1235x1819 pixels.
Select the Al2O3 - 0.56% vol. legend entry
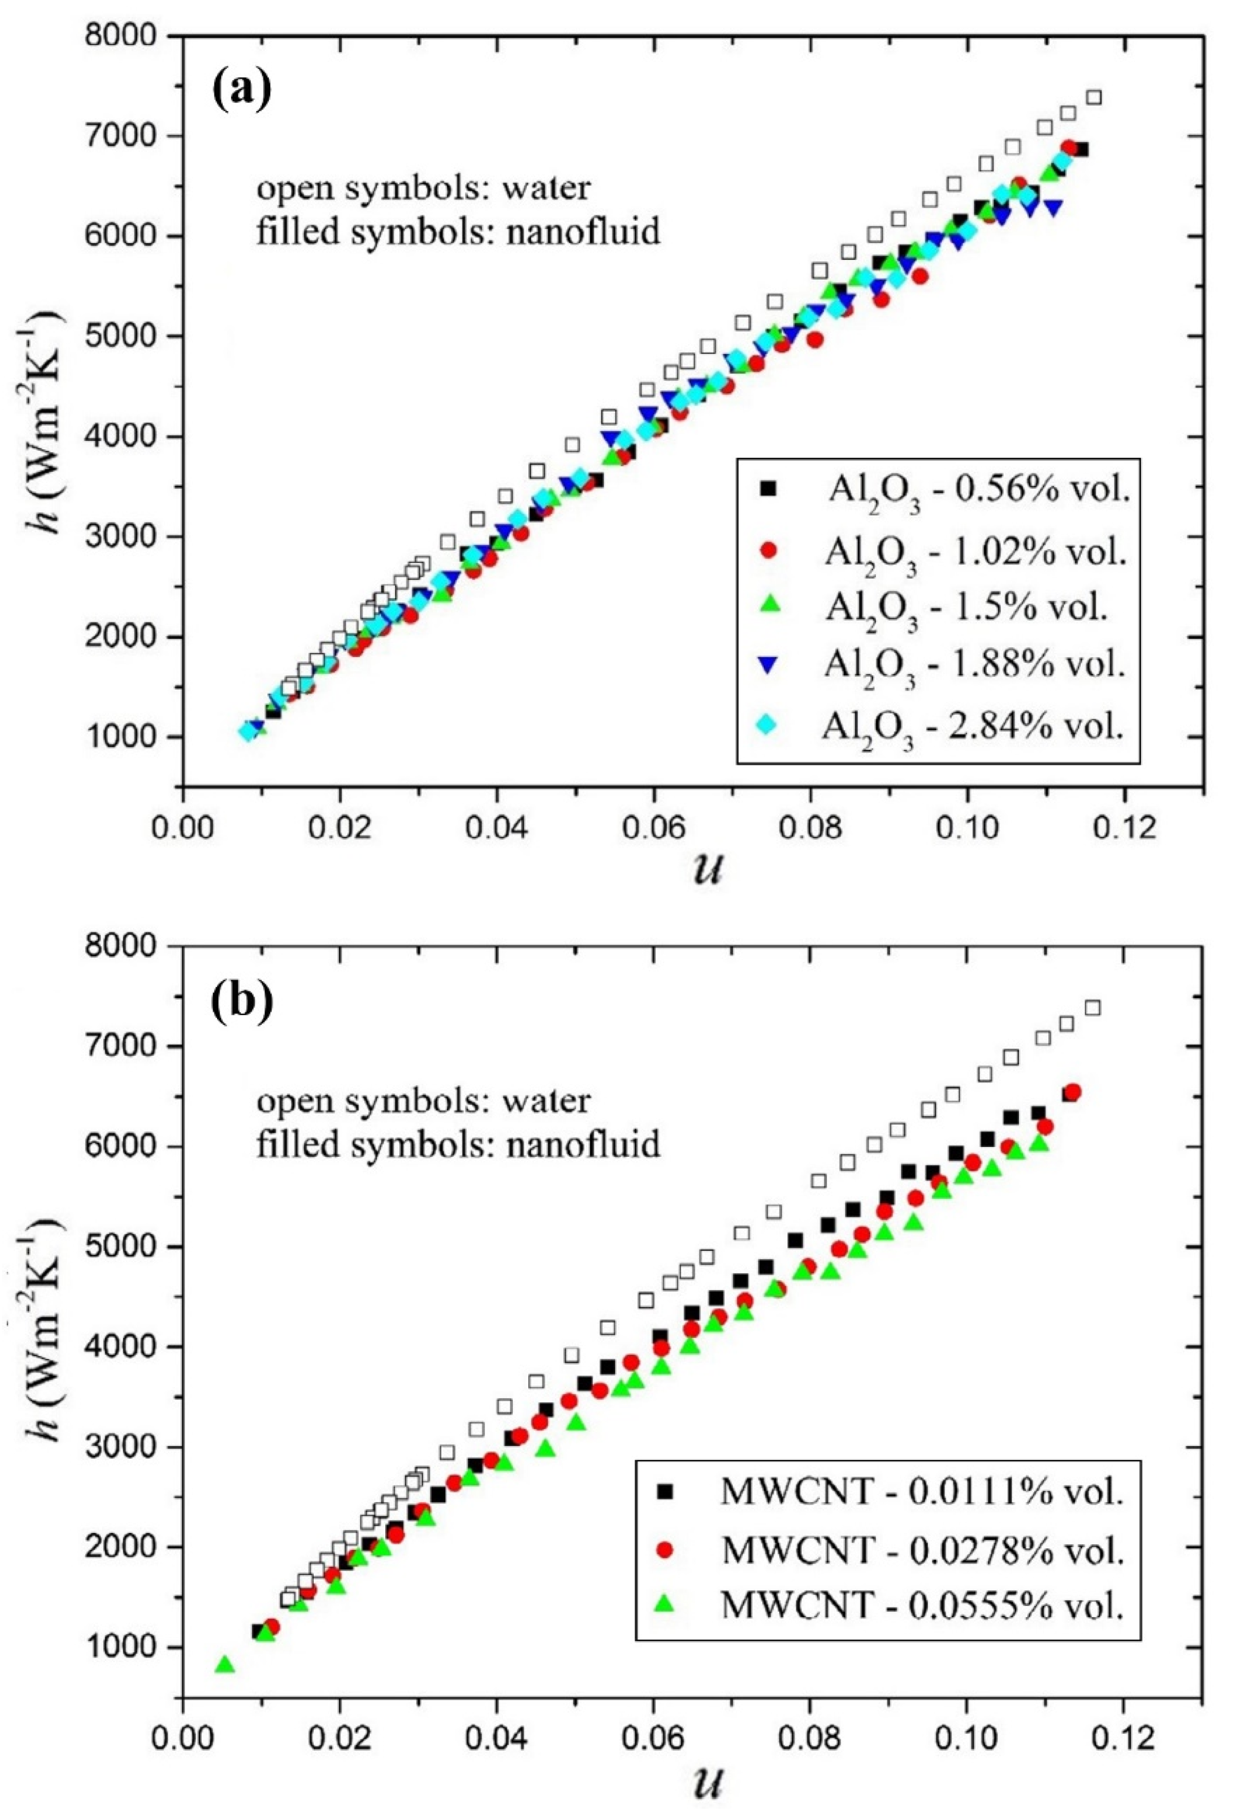pos(978,491)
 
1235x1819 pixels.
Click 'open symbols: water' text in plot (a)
pos(423,189)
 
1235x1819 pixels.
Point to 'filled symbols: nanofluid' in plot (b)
pos(458,1144)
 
